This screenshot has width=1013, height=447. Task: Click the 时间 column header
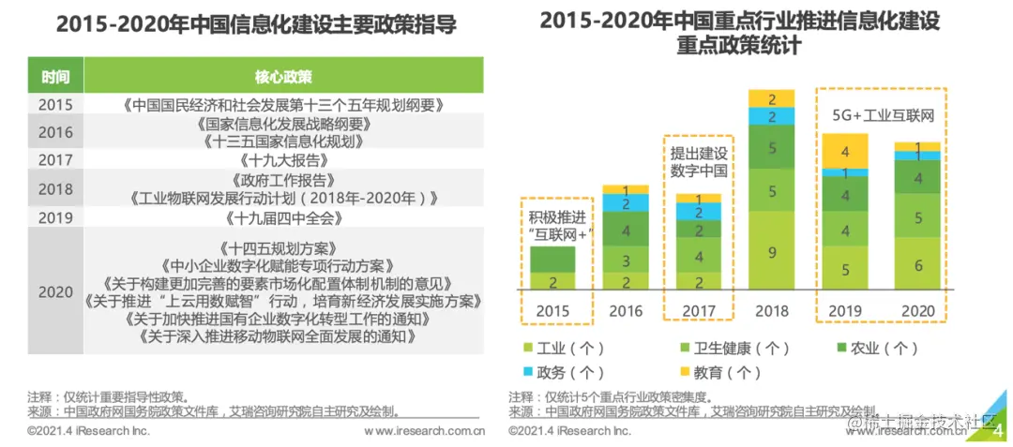pyautogui.click(x=55, y=75)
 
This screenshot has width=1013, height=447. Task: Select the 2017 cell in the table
pyautogui.click(x=55, y=159)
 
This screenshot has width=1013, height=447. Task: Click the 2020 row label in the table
pyautogui.click(x=55, y=291)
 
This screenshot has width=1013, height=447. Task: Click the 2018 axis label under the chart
pyautogui.click(x=771, y=310)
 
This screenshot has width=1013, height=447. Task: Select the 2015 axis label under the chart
pyautogui.click(x=554, y=310)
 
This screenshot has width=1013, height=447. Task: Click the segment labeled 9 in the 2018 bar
pyautogui.click(x=771, y=251)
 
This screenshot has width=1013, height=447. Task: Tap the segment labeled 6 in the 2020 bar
pyautogui.click(x=917, y=265)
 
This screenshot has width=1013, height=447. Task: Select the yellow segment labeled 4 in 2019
pyautogui.click(x=845, y=150)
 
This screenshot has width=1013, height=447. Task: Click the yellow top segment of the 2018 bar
pyautogui.click(x=771, y=98)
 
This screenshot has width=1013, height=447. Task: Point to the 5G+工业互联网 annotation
pyautogui.click(x=884, y=116)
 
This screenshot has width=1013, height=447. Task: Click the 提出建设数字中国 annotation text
pyautogui.click(x=697, y=160)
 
